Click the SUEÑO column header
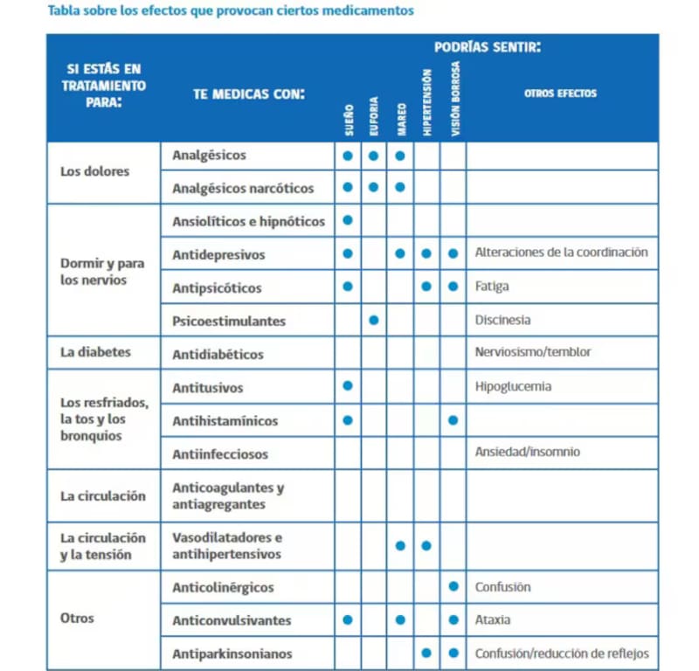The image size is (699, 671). point(348,120)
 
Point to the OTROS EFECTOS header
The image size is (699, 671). point(560,93)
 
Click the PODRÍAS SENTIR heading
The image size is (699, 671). point(487,46)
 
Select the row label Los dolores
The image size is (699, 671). point(94,171)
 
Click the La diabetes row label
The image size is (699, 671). point(95,352)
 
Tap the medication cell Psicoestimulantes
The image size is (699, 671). point(229,321)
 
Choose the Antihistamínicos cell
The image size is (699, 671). point(225,420)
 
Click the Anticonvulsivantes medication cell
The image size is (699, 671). point(232,620)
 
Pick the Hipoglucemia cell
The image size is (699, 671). point(513,386)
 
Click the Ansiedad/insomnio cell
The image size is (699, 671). point(527,452)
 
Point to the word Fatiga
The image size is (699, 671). point(492,287)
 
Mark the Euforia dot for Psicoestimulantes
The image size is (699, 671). point(374,321)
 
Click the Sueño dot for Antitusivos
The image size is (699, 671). point(348,386)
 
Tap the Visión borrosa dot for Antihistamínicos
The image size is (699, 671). point(453,420)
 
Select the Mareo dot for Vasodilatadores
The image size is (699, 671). point(400,546)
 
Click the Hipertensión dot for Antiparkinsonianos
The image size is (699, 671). point(426,654)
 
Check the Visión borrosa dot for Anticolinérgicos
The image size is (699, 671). point(453,587)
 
